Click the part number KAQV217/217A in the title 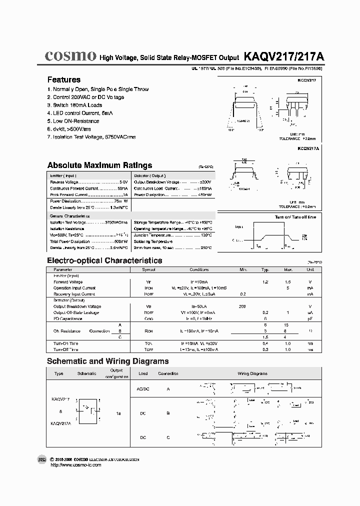point(283,56)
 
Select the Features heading point(63,79)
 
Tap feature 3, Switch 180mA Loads point(74,105)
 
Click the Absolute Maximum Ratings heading point(99,165)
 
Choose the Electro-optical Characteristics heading point(104,260)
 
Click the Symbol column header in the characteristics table point(148,269)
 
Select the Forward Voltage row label point(68,282)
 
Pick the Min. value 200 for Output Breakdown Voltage point(243,306)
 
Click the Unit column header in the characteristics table point(310,269)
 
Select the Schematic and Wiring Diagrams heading point(107,361)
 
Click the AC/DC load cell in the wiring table point(143,388)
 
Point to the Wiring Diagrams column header point(252,373)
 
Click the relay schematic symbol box point(90,408)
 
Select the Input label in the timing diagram point(238,226)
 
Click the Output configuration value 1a point(118,413)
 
